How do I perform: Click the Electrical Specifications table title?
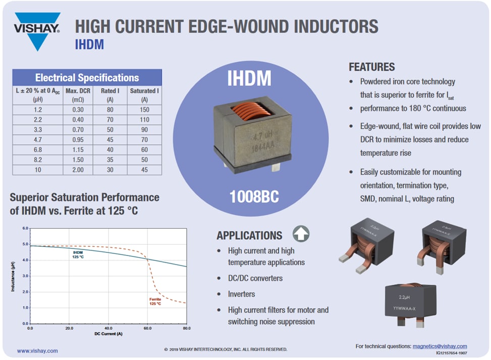87,78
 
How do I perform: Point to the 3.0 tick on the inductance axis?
25,276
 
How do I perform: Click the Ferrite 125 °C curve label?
155,301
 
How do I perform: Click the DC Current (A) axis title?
108,334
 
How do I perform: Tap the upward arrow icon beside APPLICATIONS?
301,234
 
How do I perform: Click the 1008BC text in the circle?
254,197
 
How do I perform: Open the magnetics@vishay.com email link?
440,346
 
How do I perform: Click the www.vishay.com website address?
37,350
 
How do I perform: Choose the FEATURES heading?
371,67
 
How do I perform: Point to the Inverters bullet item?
241,294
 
